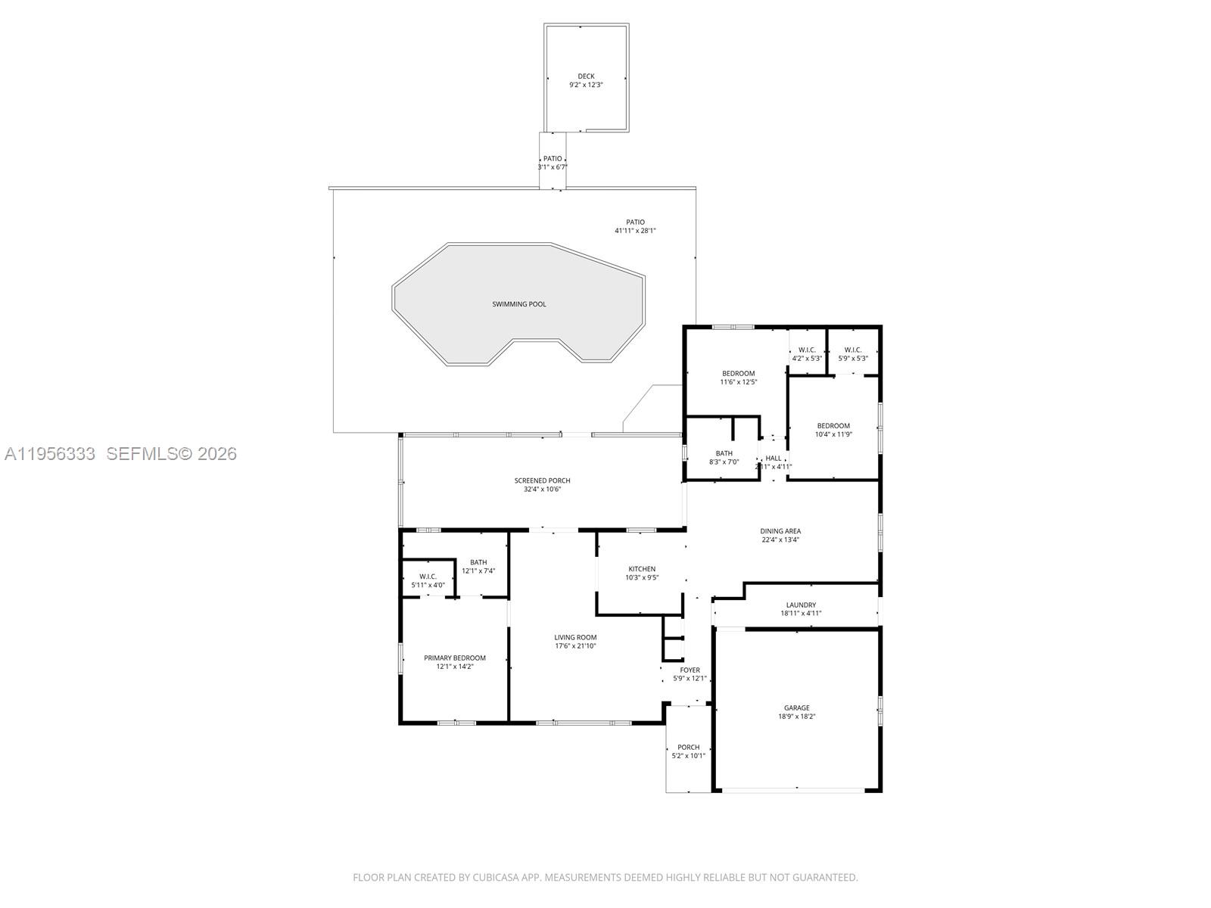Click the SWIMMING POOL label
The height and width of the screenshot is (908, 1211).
pyautogui.click(x=518, y=304)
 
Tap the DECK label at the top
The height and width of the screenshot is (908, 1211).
pyautogui.click(x=586, y=76)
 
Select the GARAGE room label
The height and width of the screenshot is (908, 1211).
pyautogui.click(x=796, y=707)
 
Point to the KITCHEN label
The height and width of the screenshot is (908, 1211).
pyautogui.click(x=642, y=569)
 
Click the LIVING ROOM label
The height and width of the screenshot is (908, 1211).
pyautogui.click(x=575, y=637)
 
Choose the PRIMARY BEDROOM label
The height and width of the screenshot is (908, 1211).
pyautogui.click(x=454, y=658)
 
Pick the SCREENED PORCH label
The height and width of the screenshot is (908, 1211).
pyautogui.click(x=542, y=480)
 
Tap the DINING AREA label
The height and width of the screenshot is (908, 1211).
pyautogui.click(x=780, y=531)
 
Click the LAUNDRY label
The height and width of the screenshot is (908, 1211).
pyautogui.click(x=801, y=605)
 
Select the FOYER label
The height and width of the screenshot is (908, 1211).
pyautogui.click(x=690, y=670)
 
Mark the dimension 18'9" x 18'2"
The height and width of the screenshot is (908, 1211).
pyautogui.click(x=796, y=717)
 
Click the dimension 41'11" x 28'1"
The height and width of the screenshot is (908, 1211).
pyautogui.click(x=635, y=231)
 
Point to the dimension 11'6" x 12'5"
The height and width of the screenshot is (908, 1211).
pyautogui.click(x=738, y=382)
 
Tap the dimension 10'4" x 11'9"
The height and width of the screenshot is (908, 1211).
pyautogui.click(x=833, y=434)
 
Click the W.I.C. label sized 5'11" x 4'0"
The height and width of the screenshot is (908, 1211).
pyautogui.click(x=428, y=576)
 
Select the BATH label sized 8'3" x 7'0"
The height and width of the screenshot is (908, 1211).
pyautogui.click(x=724, y=453)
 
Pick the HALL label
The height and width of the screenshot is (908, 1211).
pyautogui.click(x=774, y=458)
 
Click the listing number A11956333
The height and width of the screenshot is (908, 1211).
pyautogui.click(x=50, y=454)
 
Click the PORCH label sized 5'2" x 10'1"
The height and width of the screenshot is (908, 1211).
pyautogui.click(x=688, y=747)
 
